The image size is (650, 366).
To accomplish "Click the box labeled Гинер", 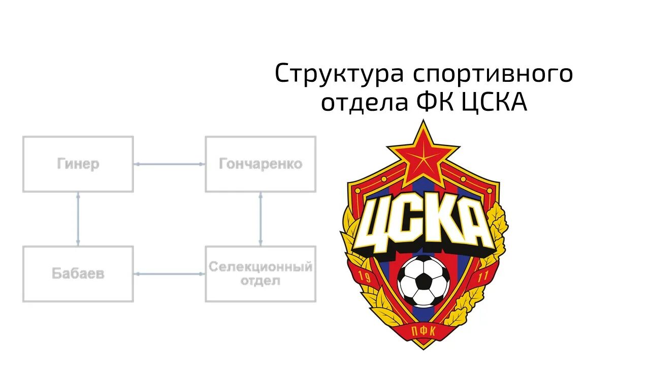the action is coord(78,164).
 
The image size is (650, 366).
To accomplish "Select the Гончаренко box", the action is coord(261,164).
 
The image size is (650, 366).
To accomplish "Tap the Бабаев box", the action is coord(78,274).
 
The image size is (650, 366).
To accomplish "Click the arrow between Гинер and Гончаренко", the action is coord(169,164).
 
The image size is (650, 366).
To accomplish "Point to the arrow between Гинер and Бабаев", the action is coord(78,219).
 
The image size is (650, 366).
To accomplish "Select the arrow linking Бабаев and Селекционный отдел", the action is coord(169,274).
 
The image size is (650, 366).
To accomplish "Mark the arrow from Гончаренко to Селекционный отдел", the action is coord(261,219).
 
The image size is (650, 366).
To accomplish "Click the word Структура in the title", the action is coord(339,74).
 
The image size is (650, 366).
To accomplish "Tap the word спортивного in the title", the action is coord(493,74).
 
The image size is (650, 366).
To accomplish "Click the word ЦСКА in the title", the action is coord(495,103).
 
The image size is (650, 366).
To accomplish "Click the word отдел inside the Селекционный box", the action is coord(261,281).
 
